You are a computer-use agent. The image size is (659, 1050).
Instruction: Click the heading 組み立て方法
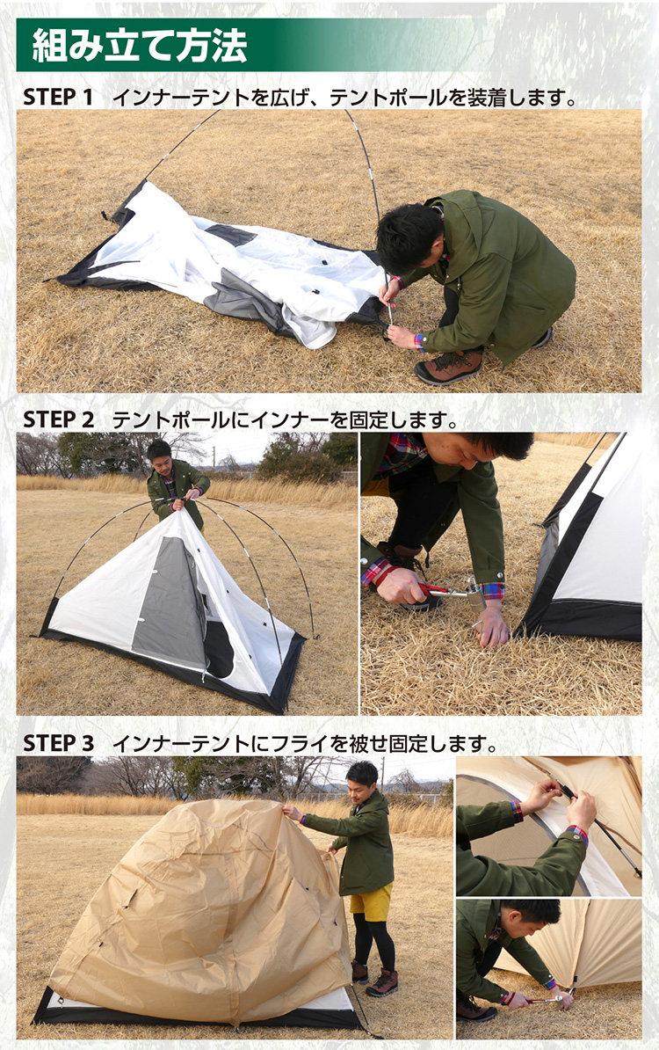(x=139, y=45)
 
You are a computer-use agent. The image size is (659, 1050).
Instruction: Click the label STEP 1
(x=57, y=97)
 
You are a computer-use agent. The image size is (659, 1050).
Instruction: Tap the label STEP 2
(x=58, y=419)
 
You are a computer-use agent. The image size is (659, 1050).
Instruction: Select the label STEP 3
(x=58, y=742)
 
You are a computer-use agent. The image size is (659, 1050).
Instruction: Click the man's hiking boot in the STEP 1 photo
(x=449, y=367)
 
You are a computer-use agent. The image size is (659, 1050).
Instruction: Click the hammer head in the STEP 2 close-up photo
(x=474, y=592)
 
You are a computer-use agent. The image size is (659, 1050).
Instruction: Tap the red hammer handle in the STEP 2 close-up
(x=434, y=589)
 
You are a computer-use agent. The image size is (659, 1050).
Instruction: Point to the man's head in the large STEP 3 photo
(x=362, y=779)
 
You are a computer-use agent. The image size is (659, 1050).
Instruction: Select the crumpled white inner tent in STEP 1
(x=228, y=268)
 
